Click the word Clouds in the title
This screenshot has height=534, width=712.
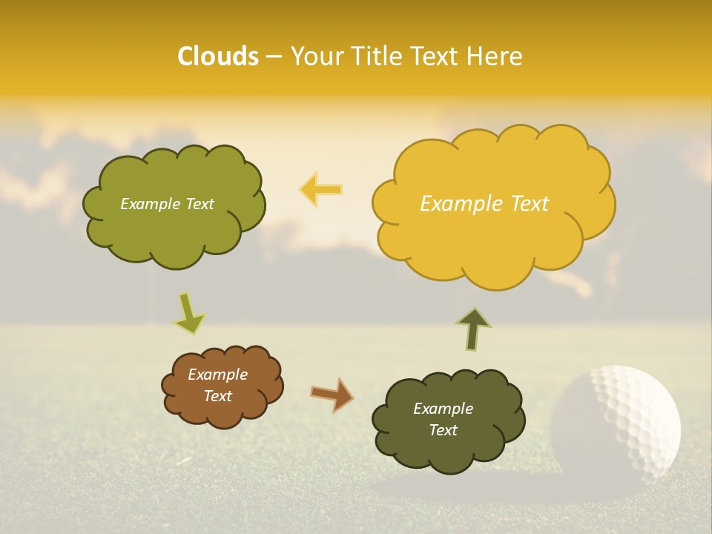click(218, 56)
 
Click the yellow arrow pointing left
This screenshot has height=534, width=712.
click(320, 189)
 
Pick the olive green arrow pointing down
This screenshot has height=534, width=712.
click(189, 314)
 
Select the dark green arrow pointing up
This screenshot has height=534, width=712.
click(473, 329)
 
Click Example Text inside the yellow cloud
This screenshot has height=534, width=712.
click(484, 203)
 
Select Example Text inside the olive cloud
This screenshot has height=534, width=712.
click(167, 204)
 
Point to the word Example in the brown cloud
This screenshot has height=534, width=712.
click(217, 375)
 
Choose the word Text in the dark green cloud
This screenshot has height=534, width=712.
click(443, 430)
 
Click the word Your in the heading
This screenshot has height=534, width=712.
click(315, 56)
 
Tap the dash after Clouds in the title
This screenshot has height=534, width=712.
click(274, 56)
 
